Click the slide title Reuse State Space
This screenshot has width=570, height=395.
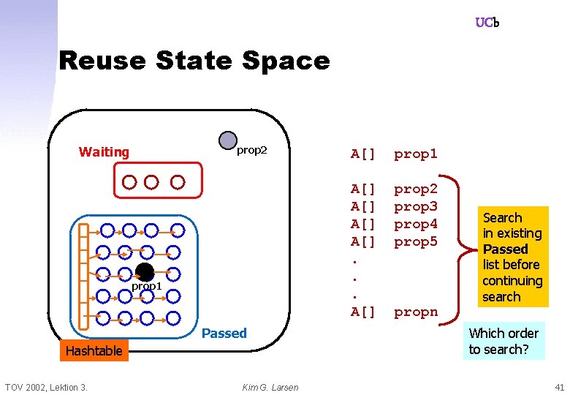tap(194, 60)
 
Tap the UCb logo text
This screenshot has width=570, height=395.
tap(487, 23)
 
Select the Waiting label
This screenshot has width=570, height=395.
tap(104, 152)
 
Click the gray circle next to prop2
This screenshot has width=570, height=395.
tap(228, 140)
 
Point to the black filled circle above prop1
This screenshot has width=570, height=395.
tap(145, 272)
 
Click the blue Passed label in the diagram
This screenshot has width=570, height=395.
tap(224, 334)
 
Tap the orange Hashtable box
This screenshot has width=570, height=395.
tap(94, 351)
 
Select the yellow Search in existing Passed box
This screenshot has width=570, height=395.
tap(512, 257)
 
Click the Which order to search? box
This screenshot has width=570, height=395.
tap(503, 341)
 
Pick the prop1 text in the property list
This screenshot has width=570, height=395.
tap(415, 154)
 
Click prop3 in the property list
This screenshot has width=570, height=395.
tap(415, 206)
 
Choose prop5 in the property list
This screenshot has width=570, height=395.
tap(415, 241)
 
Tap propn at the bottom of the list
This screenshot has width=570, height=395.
tap(415, 312)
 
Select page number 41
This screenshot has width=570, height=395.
tap(559, 387)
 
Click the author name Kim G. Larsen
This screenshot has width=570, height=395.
tap(270, 387)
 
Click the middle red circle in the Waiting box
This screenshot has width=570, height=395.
tap(151, 181)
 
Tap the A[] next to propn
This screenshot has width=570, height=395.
tap(363, 312)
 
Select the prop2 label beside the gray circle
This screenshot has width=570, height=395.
tap(252, 151)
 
